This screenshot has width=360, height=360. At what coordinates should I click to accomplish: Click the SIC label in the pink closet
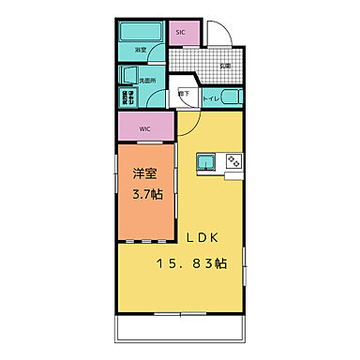pos(180,33)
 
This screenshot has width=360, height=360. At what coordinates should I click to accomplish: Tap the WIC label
pos(145,128)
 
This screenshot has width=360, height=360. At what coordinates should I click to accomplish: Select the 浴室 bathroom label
pos(140,51)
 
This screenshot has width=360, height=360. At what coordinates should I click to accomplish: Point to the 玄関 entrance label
pos(226,67)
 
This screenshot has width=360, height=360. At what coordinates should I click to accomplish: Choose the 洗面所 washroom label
pos(147,82)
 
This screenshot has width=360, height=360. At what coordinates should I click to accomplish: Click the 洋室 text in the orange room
pos(143,173)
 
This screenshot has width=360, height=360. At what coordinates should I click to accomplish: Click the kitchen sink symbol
pos(206,164)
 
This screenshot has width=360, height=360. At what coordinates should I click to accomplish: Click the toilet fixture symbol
pos(234,97)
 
